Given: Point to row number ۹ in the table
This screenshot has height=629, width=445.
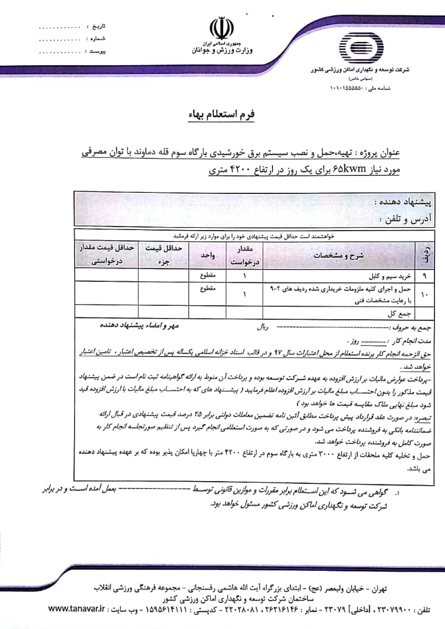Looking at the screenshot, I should click(x=423, y=273).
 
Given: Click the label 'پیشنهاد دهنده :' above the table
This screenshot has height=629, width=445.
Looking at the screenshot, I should click(x=403, y=203).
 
